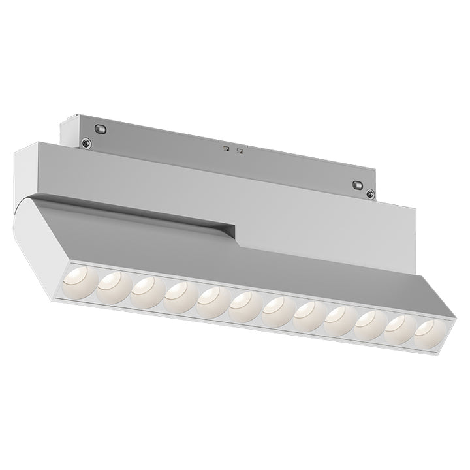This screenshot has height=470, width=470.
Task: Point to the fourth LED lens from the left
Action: pyautogui.click(x=178, y=294)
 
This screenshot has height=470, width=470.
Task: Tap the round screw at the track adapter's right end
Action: pyautogui.click(x=370, y=193)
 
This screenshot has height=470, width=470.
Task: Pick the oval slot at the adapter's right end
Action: pyautogui.click(x=357, y=185)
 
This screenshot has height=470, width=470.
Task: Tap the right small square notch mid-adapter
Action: pyautogui.click(x=240, y=152)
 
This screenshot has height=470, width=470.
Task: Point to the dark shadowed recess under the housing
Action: pyautogui.click(x=196, y=226)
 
